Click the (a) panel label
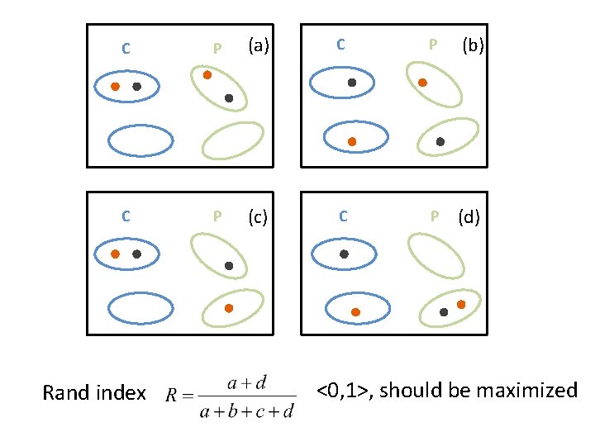259,46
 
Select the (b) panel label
473,46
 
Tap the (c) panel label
259,216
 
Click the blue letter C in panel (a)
125,48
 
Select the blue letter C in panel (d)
343,216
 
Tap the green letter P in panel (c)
217,216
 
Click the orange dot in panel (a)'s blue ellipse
116,86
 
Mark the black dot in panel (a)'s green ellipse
229,98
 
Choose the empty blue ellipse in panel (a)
140,140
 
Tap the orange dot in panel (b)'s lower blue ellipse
352,142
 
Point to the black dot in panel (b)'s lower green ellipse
440,141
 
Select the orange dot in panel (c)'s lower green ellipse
229,308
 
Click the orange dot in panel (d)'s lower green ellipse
461,305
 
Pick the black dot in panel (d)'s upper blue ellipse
345,254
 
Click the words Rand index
94,393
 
